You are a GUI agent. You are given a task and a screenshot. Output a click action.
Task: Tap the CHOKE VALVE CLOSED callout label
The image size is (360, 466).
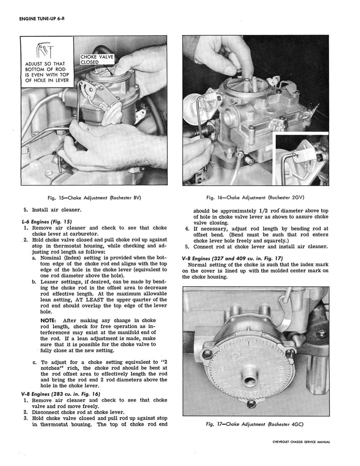point(96,59)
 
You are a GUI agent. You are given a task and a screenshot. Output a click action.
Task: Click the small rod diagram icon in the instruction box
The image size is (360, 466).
point(47,50)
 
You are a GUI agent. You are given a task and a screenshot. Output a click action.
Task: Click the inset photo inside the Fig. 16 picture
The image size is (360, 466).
point(302,160)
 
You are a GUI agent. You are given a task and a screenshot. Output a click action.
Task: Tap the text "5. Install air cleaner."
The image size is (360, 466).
point(52,210)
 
